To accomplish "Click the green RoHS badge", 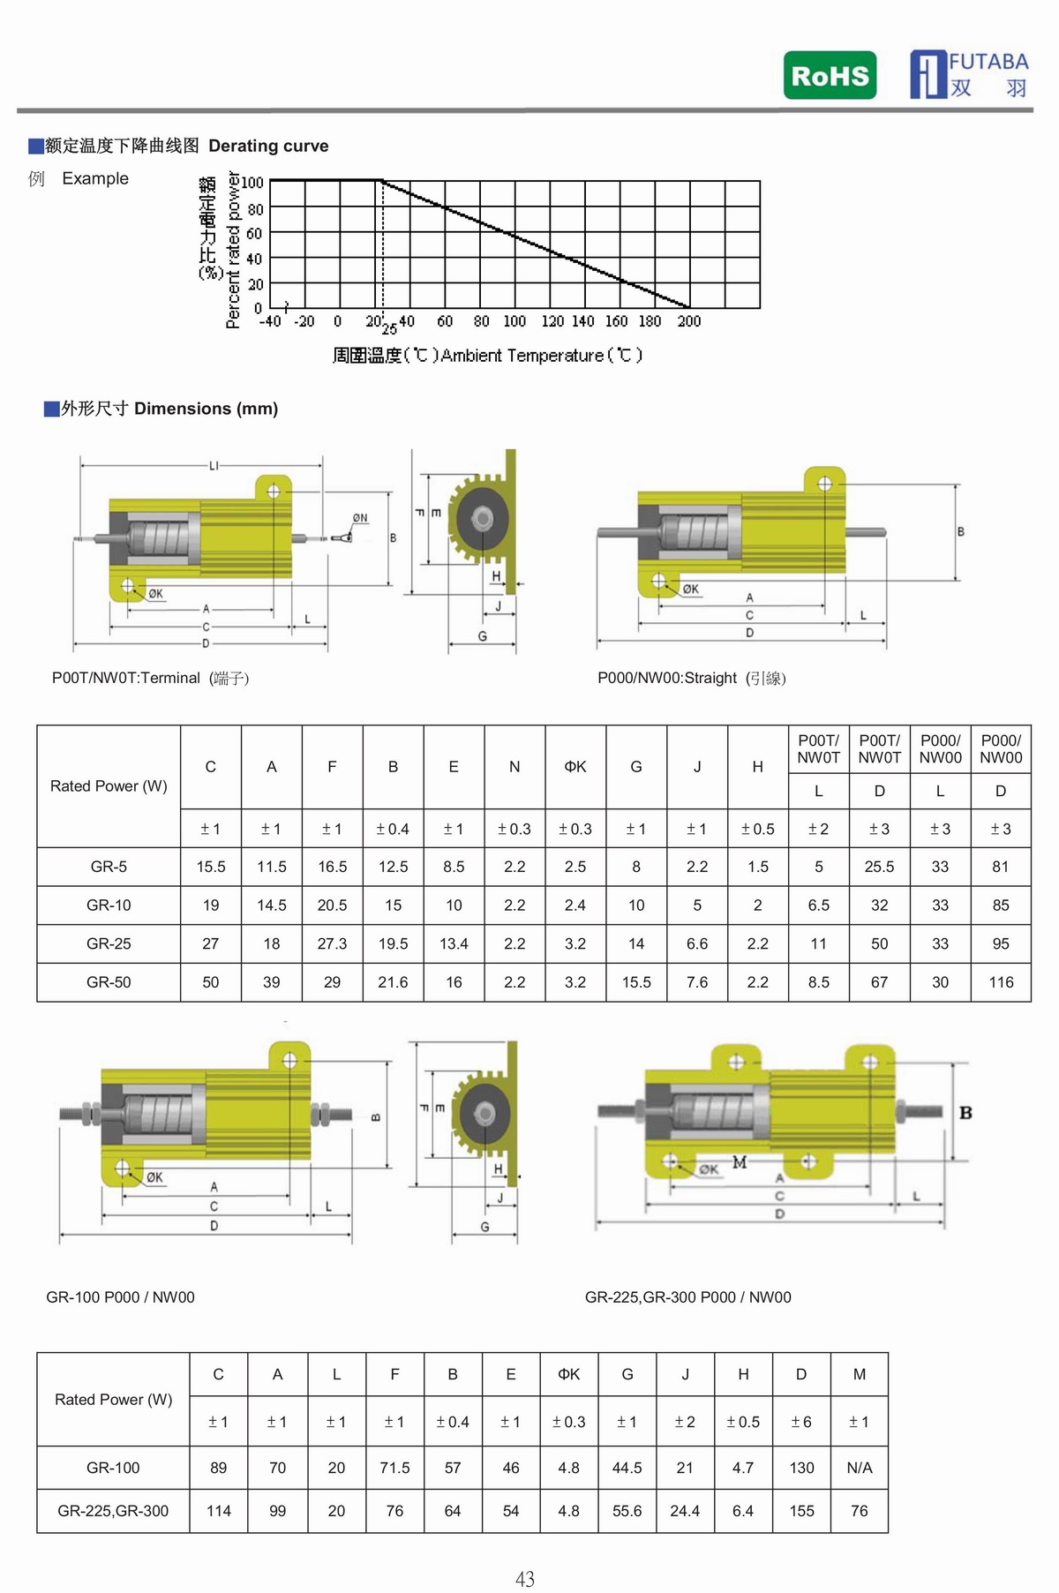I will click(x=830, y=75).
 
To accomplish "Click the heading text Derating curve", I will click(x=268, y=146).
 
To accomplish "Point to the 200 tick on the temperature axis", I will click(x=688, y=321).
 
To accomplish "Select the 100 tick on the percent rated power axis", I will click(x=252, y=183).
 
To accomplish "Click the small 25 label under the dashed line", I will click(x=389, y=330).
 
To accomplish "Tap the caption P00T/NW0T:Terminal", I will click(x=126, y=678).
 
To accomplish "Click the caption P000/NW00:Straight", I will click(x=667, y=678).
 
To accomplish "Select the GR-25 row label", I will click(x=109, y=943).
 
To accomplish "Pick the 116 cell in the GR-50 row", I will click(x=1001, y=982).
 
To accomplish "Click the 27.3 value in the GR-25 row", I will click(x=332, y=943).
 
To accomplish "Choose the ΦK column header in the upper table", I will click(x=575, y=767).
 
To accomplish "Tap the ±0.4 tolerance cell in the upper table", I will click(x=393, y=829).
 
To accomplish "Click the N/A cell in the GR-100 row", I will click(x=859, y=1468).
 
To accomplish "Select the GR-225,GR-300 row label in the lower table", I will click(x=113, y=1511).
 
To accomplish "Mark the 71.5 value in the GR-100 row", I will click(x=394, y=1468).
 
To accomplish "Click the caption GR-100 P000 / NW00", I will click(x=120, y=1297).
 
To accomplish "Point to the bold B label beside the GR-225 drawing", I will click(x=965, y=1113).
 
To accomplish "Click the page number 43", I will click(x=525, y=1579).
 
